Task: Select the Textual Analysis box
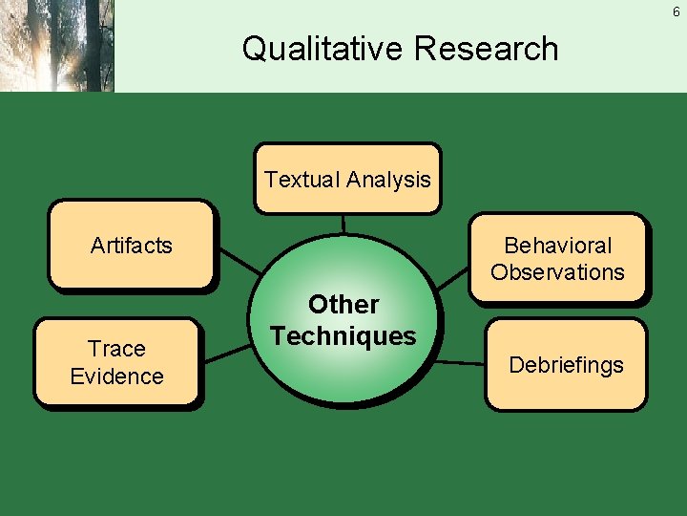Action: tap(347, 178)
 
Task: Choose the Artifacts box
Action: tap(132, 245)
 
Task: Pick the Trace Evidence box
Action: tap(116, 362)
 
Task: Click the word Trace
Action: tap(116, 349)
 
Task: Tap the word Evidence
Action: tap(116, 376)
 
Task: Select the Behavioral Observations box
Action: tap(557, 258)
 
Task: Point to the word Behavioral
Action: tap(557, 246)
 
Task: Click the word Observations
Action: tap(557, 272)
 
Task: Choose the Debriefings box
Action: tap(566, 365)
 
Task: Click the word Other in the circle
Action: tap(343, 305)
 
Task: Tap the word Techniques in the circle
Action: tap(343, 336)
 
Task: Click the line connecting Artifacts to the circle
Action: tap(239, 261)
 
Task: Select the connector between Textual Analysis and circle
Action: tap(343, 224)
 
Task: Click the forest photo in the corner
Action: tap(57, 46)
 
